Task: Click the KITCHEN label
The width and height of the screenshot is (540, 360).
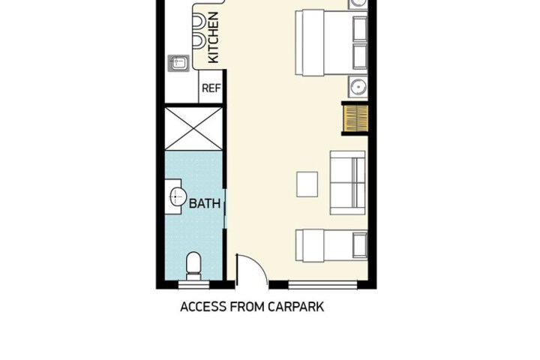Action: (x=214, y=37)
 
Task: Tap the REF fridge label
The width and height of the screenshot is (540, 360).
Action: (x=211, y=88)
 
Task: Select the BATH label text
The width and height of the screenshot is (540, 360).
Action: (x=205, y=203)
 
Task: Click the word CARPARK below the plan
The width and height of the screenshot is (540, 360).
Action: (x=295, y=307)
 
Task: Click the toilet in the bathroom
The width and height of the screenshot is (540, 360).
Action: (x=193, y=266)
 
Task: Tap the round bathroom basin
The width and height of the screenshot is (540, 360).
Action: (x=178, y=196)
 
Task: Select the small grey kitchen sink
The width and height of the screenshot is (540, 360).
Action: (x=178, y=64)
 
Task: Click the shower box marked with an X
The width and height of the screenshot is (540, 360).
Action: (x=194, y=128)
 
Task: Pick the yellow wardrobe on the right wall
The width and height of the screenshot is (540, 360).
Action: (x=355, y=118)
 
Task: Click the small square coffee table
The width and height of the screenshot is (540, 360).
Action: (x=307, y=184)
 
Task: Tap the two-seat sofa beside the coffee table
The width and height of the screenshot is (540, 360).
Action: (x=348, y=182)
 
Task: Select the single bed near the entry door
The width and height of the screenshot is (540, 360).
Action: (x=331, y=246)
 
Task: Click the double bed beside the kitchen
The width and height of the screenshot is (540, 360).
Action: (x=331, y=43)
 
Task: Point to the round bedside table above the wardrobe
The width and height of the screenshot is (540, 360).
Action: (x=358, y=86)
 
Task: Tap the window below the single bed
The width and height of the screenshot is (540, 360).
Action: (x=322, y=285)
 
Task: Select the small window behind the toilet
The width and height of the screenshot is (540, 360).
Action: (x=194, y=285)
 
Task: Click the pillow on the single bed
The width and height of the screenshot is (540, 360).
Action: (x=360, y=246)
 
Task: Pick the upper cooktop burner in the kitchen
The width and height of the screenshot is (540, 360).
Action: (x=199, y=21)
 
